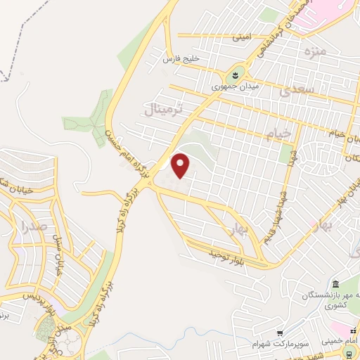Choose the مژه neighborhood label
pos(311,52)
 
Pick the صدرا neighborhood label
pos(33,226)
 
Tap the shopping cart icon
pos(281,332)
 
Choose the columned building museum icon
pos(335,284)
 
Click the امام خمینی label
pos(343,340)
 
